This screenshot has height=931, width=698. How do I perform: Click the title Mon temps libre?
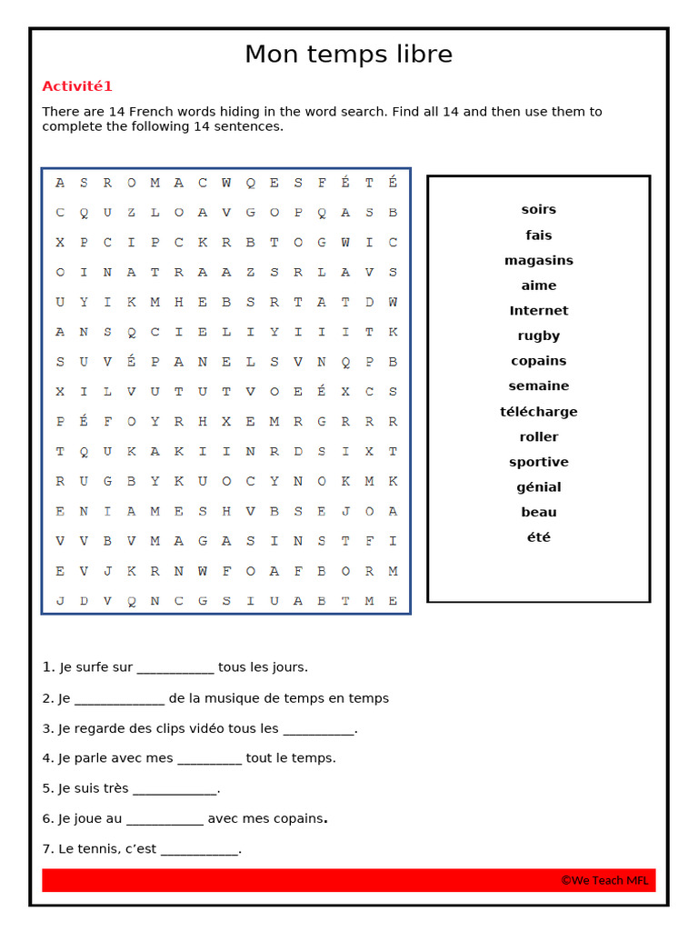click(x=348, y=55)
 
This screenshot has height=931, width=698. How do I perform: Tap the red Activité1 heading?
click(x=77, y=86)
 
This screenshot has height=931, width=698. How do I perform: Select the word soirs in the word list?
click(x=538, y=209)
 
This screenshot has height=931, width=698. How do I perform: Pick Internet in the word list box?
click(x=538, y=310)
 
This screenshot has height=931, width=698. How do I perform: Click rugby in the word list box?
click(x=538, y=335)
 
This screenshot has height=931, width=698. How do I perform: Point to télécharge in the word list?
click(x=538, y=411)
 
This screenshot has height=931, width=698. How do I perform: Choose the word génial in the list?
click(x=538, y=487)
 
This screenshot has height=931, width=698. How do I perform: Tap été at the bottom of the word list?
click(x=538, y=537)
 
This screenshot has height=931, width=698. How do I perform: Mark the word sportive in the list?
click(x=538, y=462)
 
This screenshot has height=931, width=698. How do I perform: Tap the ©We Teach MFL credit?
click(x=604, y=880)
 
